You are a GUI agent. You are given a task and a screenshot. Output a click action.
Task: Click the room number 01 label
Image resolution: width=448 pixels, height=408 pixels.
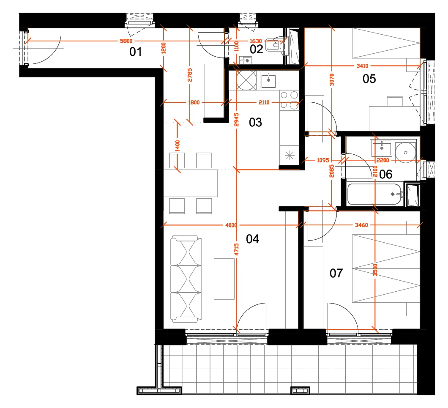(135, 52)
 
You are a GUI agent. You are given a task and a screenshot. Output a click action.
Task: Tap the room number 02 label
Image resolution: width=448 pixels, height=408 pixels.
(256, 49)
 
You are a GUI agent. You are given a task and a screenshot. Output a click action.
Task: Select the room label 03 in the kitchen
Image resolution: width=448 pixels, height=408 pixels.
(255, 122)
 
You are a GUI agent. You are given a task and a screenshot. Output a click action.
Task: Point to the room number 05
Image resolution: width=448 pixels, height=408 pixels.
(369, 79)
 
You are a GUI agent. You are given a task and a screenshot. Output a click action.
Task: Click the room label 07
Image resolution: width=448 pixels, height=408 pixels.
(336, 273)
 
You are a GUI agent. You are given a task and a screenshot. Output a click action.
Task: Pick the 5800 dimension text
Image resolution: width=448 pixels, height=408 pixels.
(126, 41)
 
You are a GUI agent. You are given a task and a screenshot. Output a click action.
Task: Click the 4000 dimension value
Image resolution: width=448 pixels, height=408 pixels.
(231, 225)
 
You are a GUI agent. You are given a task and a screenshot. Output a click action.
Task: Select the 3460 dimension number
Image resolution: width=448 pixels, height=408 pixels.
(361, 225)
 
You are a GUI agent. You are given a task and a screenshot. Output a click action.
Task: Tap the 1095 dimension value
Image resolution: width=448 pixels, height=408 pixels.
(323, 160)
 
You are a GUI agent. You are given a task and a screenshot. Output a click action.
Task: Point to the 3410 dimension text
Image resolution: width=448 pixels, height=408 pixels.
(362, 66)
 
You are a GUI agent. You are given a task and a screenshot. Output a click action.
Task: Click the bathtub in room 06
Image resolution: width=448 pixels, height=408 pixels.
(375, 194)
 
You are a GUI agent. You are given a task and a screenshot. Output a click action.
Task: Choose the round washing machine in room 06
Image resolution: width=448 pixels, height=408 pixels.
(405, 153)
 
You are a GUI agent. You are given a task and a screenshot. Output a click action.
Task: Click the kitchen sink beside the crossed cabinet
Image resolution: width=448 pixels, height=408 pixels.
(268, 80)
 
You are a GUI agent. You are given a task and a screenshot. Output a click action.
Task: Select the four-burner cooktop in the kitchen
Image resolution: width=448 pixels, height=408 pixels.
(289, 100)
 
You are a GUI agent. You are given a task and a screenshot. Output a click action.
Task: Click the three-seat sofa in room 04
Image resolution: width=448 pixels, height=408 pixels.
(186, 279)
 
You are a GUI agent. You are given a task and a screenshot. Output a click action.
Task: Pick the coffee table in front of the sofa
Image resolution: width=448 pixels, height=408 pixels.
(224, 279)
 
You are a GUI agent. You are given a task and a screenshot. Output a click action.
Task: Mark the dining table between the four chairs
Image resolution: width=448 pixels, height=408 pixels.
(191, 183)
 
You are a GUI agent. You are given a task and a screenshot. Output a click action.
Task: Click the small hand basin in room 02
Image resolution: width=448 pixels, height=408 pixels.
(246, 60)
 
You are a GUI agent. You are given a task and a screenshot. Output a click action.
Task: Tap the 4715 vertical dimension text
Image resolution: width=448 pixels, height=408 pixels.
(236, 249)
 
